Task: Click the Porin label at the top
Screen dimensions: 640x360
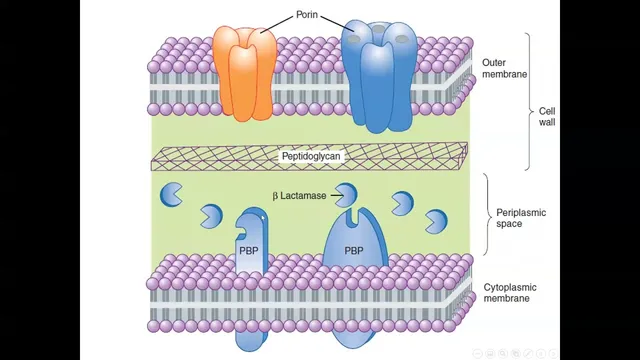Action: [307, 15]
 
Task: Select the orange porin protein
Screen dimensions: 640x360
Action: [244, 73]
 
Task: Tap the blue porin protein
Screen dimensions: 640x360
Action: [379, 76]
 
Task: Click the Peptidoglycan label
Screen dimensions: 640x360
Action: [311, 156]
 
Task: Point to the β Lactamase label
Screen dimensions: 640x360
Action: [299, 196]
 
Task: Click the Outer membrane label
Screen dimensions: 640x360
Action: [504, 69]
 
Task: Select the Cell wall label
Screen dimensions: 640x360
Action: [547, 117]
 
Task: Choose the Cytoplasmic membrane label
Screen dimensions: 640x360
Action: [510, 293]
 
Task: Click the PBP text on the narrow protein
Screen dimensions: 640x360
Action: [249, 251]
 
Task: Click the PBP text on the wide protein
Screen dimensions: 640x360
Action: [354, 251]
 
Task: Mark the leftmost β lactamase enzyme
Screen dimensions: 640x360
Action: [171, 194]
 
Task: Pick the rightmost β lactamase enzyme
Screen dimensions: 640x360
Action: [436, 221]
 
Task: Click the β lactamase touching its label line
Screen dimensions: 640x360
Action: [346, 195]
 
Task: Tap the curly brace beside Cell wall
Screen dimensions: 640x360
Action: [529, 101]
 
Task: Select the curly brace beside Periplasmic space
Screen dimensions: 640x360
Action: [488, 214]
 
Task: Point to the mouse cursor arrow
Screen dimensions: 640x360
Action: [263, 218]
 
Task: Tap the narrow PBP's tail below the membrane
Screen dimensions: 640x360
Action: [251, 341]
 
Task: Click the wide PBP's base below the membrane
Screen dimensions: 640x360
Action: [353, 339]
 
